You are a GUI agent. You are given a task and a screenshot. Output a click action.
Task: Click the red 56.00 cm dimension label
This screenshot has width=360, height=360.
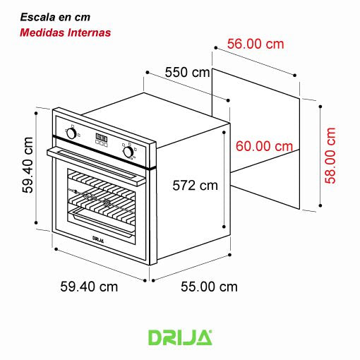pyautogui.click(x=256, y=44)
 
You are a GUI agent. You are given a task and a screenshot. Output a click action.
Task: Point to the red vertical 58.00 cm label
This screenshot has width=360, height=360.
pyautogui.click(x=330, y=155)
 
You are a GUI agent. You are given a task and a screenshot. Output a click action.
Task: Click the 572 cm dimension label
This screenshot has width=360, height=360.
pyautogui.click(x=196, y=186)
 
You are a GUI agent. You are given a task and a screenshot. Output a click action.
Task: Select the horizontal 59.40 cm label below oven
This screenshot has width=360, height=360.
pyautogui.click(x=89, y=287)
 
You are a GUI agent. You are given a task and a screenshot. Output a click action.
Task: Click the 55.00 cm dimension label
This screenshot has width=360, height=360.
pyautogui.click(x=209, y=287)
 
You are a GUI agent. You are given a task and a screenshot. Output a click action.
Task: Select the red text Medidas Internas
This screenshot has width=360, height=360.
pyautogui.click(x=65, y=32)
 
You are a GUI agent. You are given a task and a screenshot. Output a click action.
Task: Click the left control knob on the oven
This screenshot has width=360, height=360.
pyautogui.click(x=71, y=133)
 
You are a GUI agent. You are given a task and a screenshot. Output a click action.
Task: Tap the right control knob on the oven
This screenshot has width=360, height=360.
pyautogui.click(x=128, y=150)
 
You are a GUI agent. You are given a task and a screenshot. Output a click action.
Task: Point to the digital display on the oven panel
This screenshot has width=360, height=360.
pyautogui.click(x=101, y=138)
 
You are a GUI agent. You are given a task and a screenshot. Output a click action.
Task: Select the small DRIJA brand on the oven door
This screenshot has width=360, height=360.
pyautogui.click(x=100, y=239)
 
